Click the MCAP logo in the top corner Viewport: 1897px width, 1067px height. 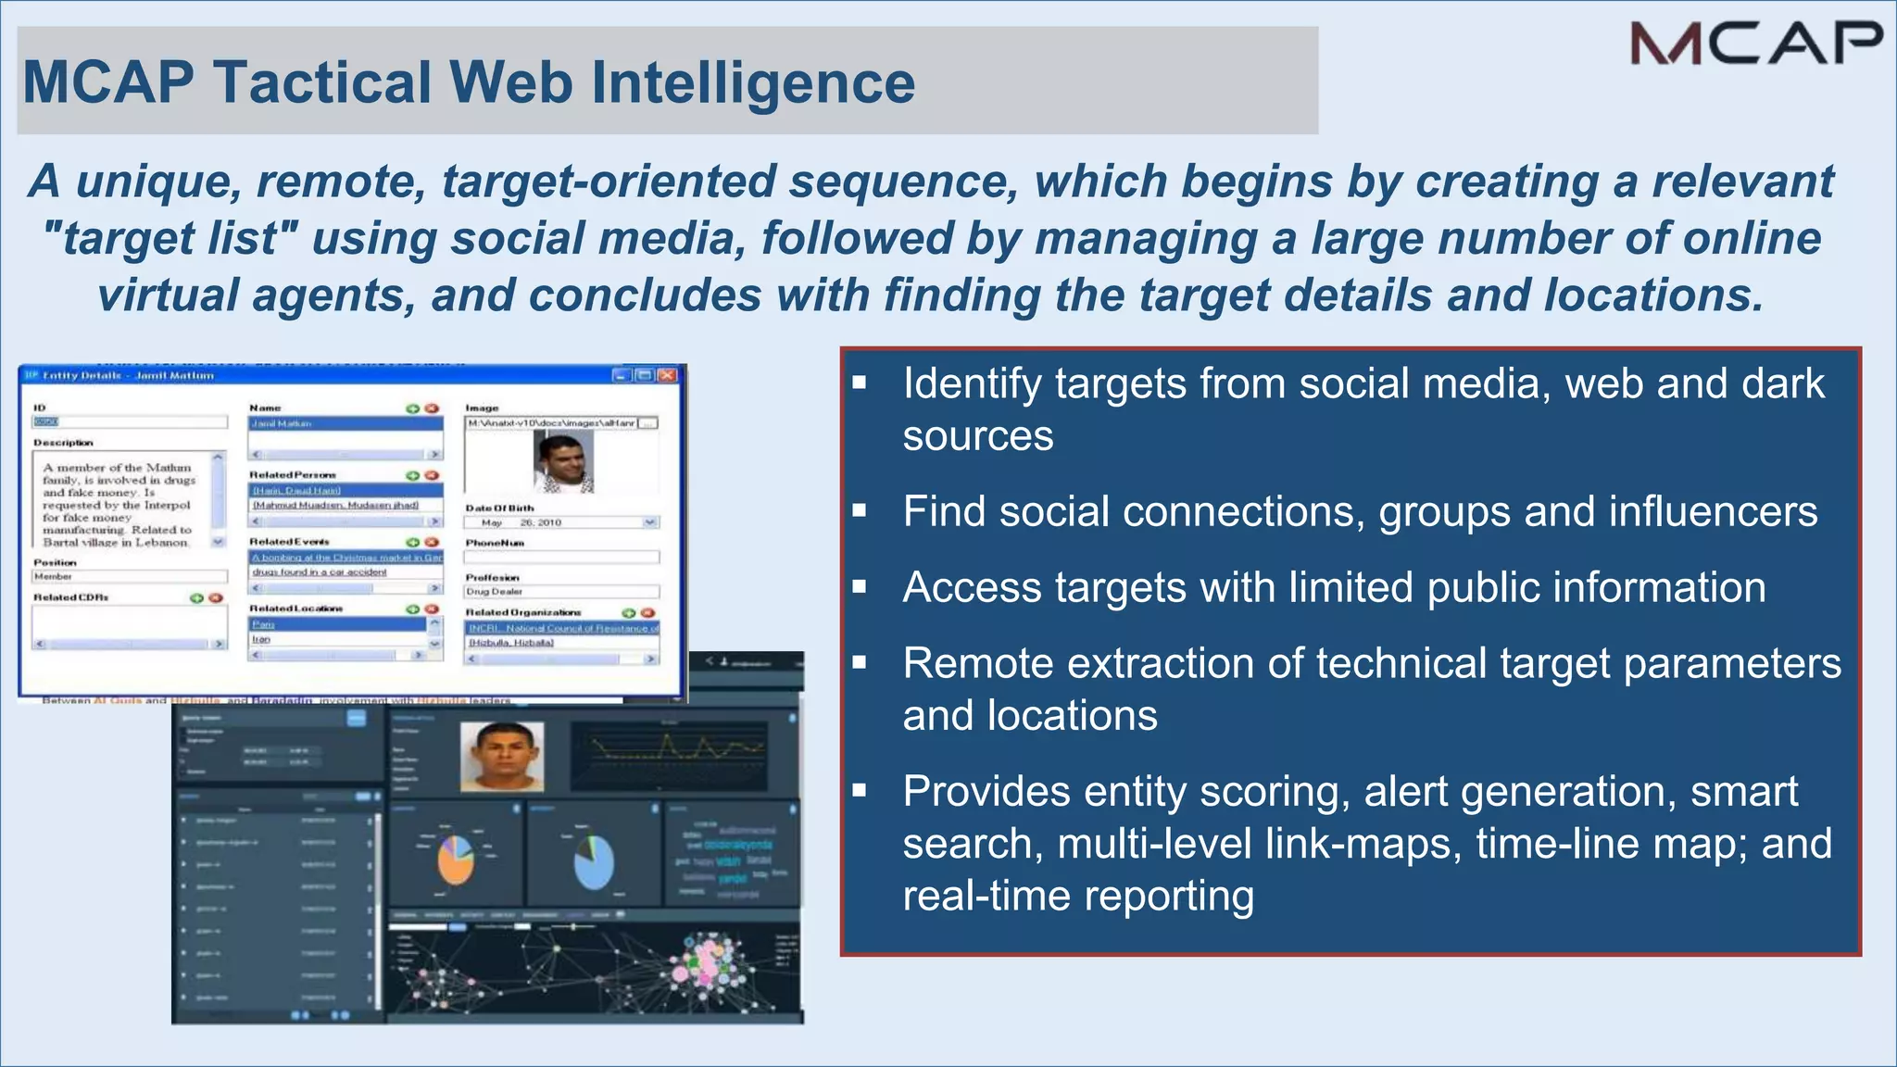[1756, 44]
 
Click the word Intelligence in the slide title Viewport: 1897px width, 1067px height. [753, 82]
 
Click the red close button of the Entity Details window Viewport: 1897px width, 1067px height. [667, 375]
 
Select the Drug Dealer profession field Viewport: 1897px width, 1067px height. [560, 591]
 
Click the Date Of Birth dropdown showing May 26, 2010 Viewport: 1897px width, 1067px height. [560, 522]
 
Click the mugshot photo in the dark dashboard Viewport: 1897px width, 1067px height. [502, 757]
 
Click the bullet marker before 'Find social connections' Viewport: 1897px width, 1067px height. [860, 510]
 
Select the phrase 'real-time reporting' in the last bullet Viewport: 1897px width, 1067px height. [1078, 896]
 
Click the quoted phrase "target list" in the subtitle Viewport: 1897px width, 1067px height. [170, 238]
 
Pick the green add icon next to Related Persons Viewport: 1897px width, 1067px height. [412, 475]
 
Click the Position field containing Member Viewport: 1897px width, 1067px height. [128, 576]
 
